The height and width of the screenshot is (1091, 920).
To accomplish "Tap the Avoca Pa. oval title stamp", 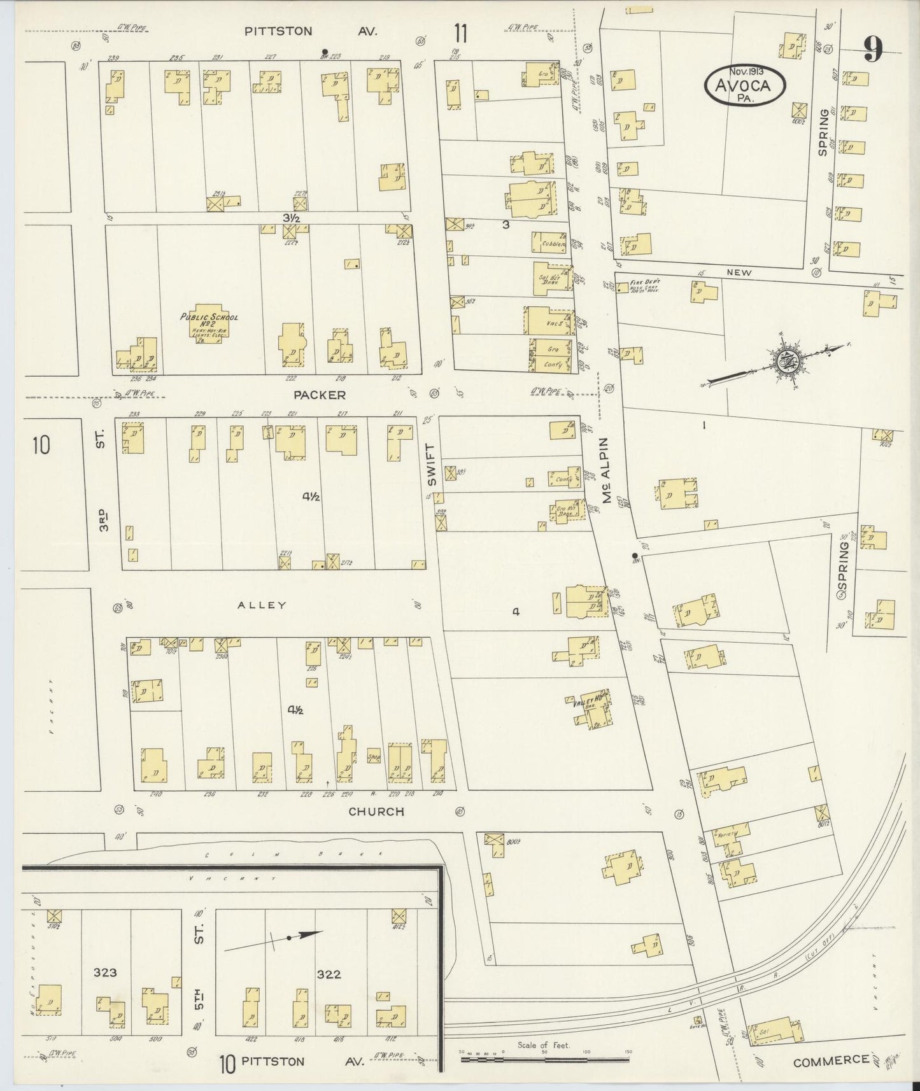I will click(x=744, y=85).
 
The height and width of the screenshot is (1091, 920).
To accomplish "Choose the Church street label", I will click(x=376, y=812).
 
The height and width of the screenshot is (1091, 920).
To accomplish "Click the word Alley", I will click(x=261, y=605).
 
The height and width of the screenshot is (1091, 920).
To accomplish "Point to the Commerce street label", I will click(x=831, y=1060).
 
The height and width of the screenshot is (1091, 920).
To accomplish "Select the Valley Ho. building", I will click(x=592, y=708).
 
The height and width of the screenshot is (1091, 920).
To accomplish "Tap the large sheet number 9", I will click(x=874, y=50).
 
